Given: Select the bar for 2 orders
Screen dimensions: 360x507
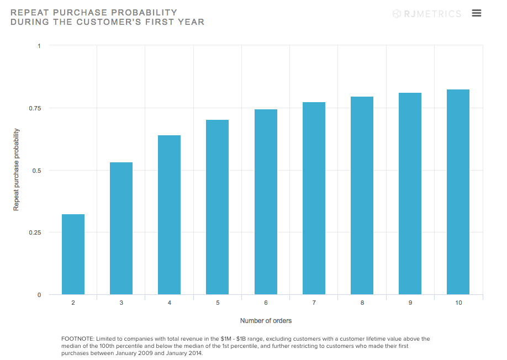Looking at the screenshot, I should coord(73,255).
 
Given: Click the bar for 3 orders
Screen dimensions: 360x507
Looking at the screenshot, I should coord(121,229).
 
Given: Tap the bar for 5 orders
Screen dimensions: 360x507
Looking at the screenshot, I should coord(217,207).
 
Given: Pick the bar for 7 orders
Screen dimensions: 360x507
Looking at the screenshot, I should coord(314,198).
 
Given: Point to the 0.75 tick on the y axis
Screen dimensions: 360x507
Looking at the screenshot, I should coord(35,108).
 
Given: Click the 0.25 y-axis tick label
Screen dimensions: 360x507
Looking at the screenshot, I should coord(35,232).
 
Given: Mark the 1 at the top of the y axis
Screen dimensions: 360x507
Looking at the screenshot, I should coord(39,45).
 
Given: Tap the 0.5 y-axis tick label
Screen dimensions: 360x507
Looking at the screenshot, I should coord(36,170).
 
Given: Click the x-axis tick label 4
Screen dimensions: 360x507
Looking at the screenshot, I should coord(169,303).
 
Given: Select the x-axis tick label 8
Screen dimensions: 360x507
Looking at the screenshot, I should coord(362,303).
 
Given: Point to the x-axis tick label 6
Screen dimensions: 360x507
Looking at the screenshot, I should coord(266,303).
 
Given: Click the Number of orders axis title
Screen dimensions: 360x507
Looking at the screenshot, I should coord(266,321).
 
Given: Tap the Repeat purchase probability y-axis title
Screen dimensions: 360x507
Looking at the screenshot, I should coord(17,170).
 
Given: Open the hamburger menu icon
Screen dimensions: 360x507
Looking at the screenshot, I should coord(477,13).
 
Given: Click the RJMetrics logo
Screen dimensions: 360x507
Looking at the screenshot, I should coord(426,14).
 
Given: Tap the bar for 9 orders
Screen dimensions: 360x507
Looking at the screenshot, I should coord(410,194).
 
